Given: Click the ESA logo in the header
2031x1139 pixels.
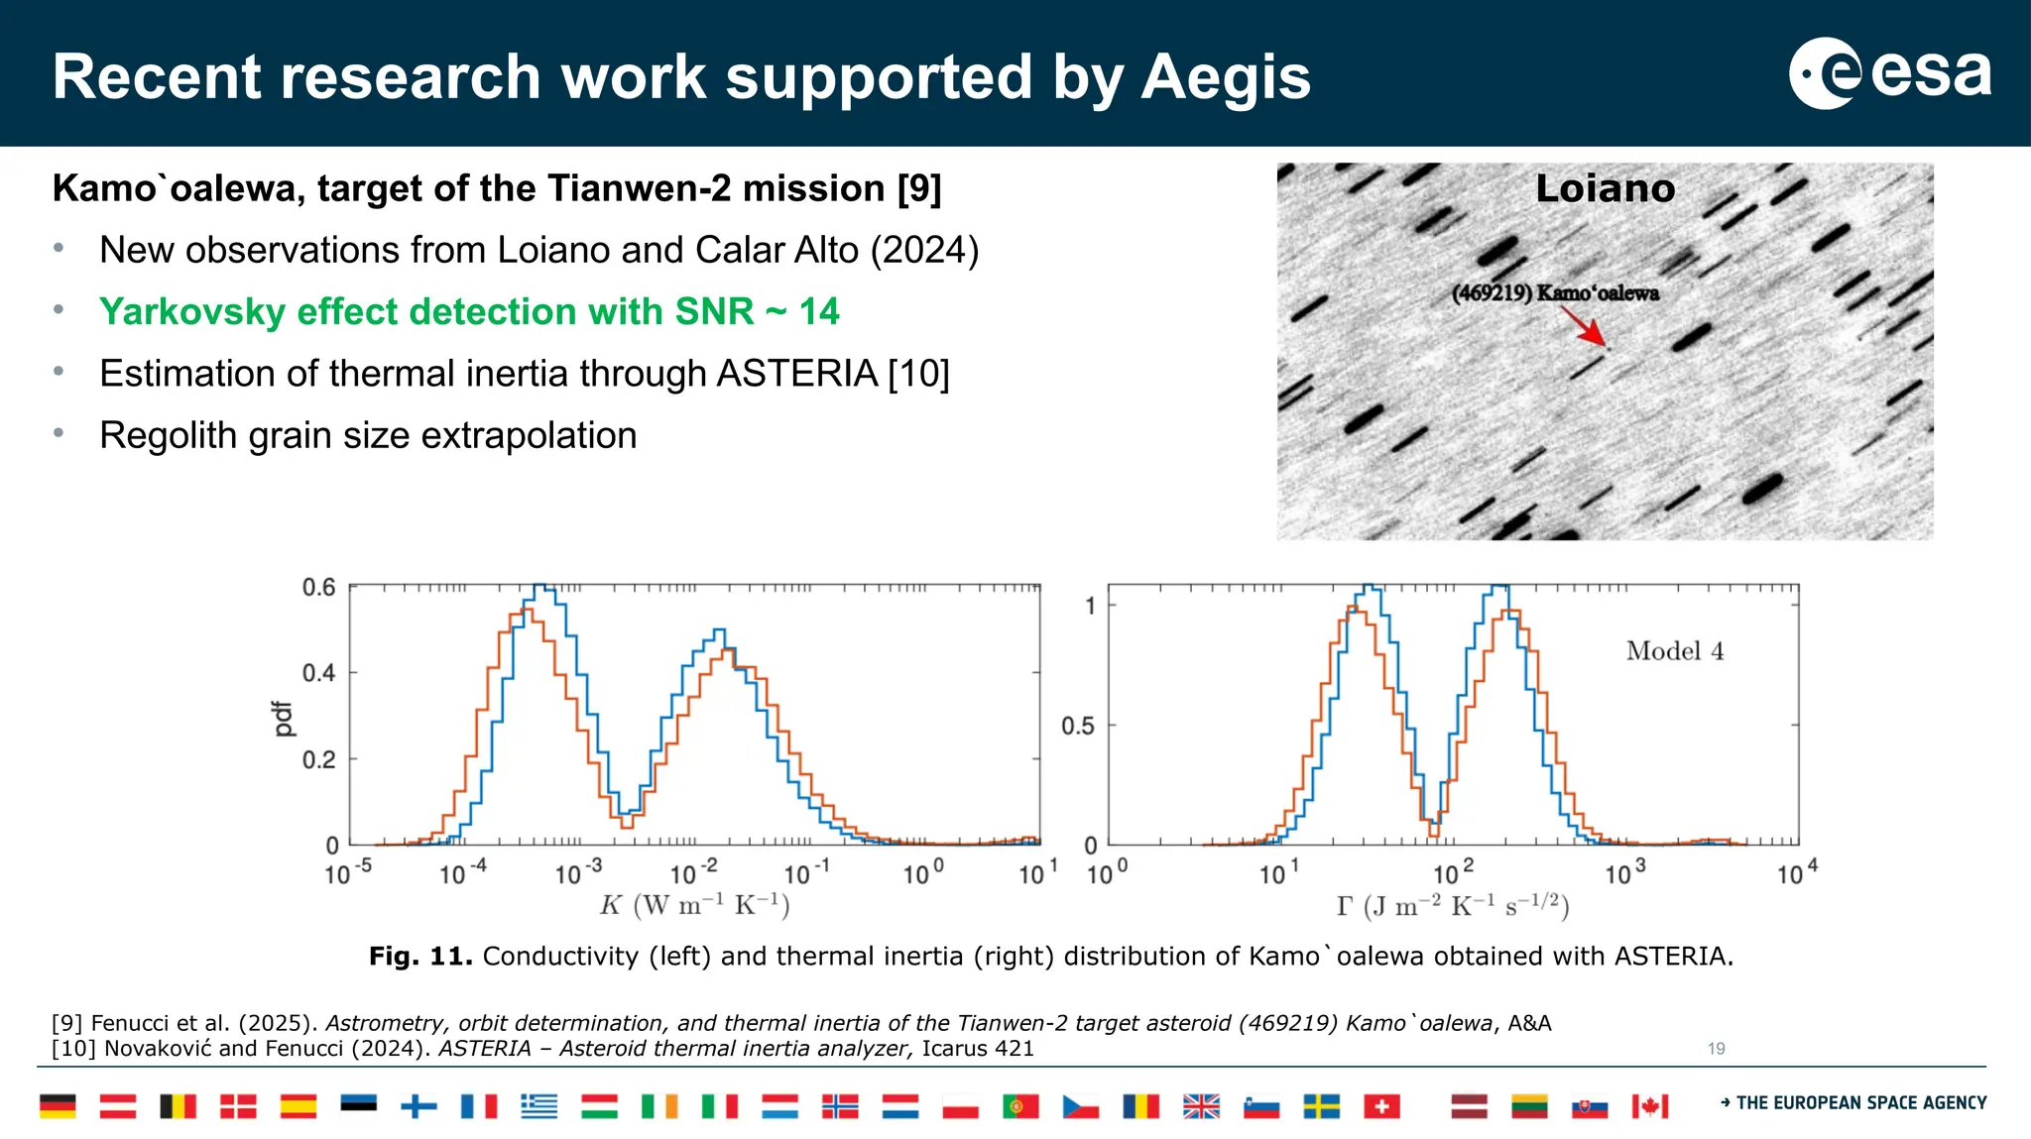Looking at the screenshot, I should coord(1889,73).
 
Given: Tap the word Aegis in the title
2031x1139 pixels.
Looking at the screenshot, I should coord(1226,77).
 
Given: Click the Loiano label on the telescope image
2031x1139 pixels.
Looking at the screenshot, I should coord(1605,188).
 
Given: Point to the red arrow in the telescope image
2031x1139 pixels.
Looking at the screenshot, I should coord(1583,326).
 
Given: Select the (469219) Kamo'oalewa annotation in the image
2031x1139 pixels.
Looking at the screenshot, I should coord(1554,293).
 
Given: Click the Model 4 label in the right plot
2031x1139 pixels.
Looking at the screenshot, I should coord(1674,651).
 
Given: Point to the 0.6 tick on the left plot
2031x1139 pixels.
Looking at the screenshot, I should coord(318,587).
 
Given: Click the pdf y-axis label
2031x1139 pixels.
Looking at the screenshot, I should coord(284,719).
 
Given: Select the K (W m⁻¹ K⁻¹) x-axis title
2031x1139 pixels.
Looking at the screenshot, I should coord(694,905).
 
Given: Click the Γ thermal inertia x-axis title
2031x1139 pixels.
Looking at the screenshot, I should coord(1452,905).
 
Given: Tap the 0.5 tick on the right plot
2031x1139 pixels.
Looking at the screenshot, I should coord(1077,726).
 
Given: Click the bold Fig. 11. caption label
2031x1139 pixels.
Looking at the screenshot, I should coord(420,957).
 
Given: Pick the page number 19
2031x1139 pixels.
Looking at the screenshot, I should coord(1716,1048).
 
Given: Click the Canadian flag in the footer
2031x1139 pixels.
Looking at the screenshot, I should coord(1650,1105).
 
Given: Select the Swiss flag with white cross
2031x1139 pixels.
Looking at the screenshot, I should coord(1381,1105).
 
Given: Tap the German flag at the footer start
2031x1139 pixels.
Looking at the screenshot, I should coord(58,1105).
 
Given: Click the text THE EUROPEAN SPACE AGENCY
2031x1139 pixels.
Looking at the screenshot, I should coord(1860,1102).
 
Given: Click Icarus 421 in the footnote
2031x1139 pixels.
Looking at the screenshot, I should coord(977,1049).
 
